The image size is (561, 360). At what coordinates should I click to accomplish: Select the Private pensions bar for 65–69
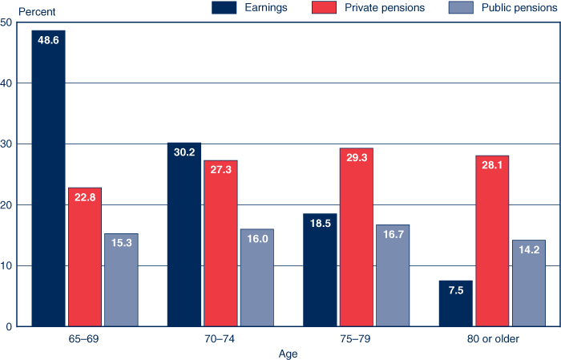coord(84,257)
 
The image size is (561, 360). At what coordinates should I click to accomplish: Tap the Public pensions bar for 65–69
coord(121,280)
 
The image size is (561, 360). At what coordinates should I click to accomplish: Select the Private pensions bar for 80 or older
coord(492,241)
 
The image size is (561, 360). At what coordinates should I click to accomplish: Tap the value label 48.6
coord(48,39)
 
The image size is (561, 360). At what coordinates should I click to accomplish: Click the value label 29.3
coord(357,157)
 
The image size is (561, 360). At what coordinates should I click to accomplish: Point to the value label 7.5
coord(456,289)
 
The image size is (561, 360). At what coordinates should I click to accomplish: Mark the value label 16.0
coord(256,238)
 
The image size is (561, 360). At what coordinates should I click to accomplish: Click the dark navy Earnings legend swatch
coord(227,8)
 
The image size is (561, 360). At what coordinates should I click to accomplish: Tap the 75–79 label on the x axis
coord(357,339)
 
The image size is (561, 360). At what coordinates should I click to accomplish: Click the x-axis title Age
coord(289,353)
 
